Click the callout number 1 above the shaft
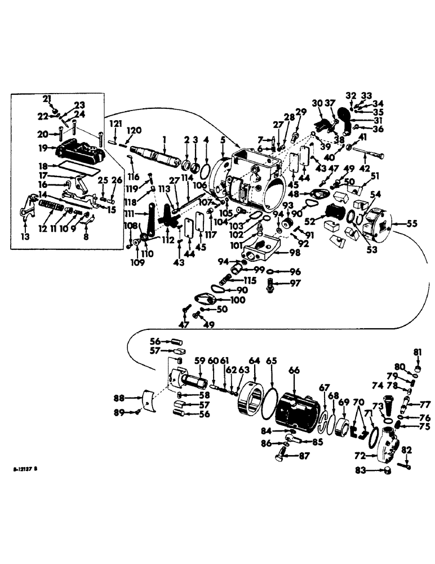tap(164, 138)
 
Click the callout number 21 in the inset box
tap(47, 99)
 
